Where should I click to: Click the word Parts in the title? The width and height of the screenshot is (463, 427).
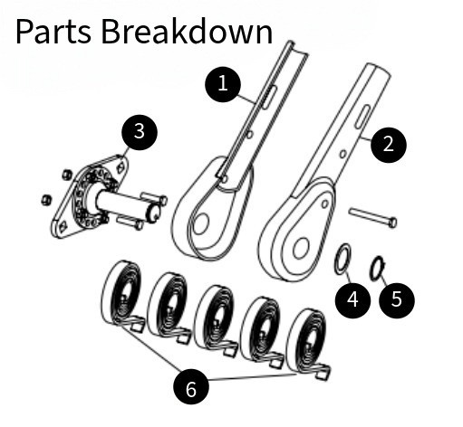(53, 32)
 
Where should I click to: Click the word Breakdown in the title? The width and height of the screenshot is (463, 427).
(187, 31)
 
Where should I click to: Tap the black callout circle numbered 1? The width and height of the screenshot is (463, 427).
(223, 84)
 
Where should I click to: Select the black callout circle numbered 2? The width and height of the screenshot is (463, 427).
(389, 145)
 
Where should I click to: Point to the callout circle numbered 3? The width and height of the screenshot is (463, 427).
(140, 132)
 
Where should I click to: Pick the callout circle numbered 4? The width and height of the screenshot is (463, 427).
(352, 299)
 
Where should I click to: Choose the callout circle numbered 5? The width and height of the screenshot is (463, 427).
(397, 299)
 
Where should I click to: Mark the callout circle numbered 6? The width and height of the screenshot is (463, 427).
(191, 389)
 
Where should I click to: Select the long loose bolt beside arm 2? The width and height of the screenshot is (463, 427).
(373, 217)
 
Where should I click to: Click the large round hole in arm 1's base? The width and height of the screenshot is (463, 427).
(200, 224)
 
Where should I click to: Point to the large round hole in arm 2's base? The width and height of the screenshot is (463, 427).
(301, 248)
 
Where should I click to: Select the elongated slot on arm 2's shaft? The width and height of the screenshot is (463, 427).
(362, 117)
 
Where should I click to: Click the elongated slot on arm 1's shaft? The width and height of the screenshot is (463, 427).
(269, 97)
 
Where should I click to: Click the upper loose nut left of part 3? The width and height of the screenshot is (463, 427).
(67, 174)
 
